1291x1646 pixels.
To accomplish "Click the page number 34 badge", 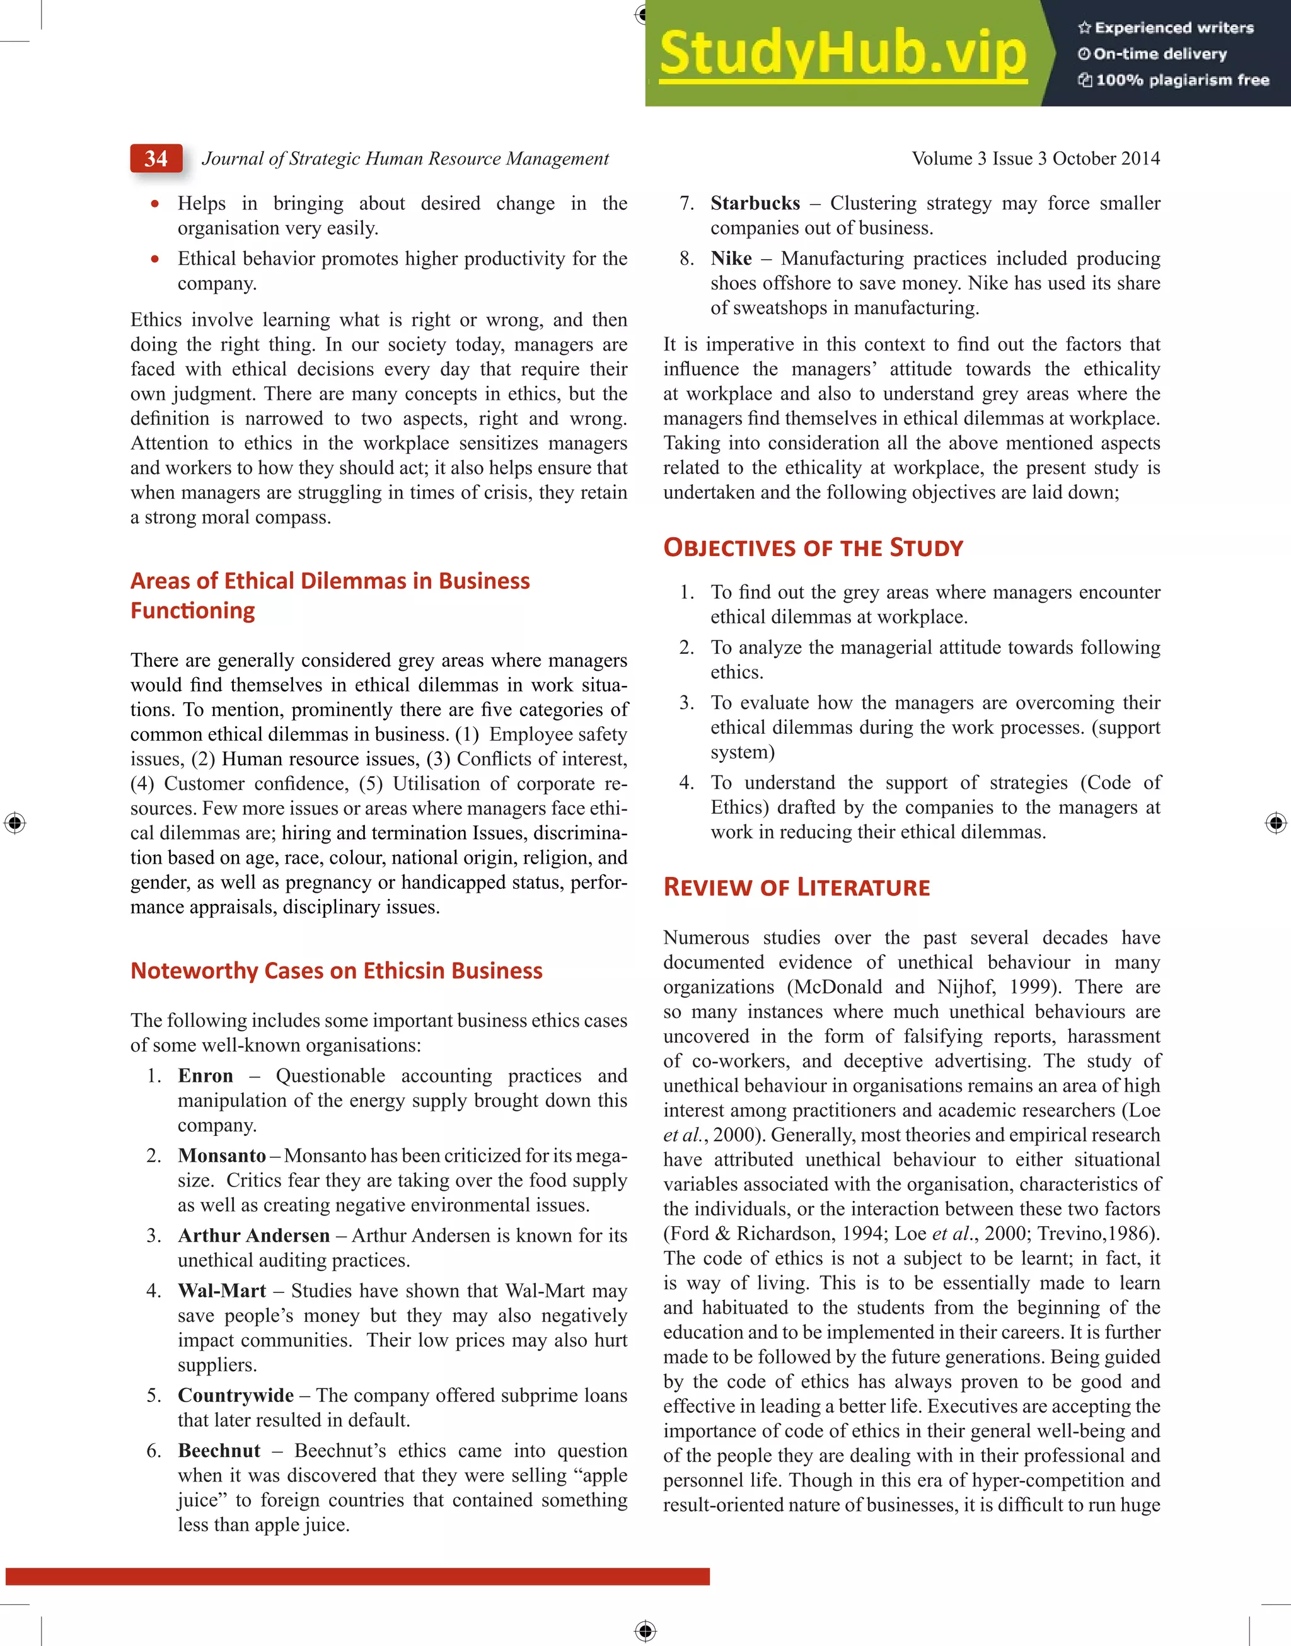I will [x=156, y=159].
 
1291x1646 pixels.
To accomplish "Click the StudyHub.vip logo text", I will [x=843, y=53].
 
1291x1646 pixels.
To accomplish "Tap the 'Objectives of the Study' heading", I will [x=813, y=548].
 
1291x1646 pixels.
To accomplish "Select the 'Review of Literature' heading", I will [x=796, y=887].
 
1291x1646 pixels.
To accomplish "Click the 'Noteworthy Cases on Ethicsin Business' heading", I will [x=337, y=970].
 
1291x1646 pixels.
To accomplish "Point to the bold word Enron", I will [x=206, y=1075].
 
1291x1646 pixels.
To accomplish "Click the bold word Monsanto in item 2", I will [x=221, y=1156].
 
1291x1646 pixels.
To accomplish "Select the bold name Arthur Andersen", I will [x=254, y=1236].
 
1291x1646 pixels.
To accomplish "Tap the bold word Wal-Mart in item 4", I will [x=221, y=1291].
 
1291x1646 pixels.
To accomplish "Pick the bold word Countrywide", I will [x=236, y=1395].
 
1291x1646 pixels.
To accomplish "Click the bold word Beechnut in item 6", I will [x=219, y=1451].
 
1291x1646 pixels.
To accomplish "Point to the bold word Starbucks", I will [x=755, y=203].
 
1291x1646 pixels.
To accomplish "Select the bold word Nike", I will [x=731, y=258].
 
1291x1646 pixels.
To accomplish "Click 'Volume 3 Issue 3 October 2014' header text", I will [x=1036, y=159].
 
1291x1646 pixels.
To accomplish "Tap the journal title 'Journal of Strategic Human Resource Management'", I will [x=405, y=159].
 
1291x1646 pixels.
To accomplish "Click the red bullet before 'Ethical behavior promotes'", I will [x=155, y=258].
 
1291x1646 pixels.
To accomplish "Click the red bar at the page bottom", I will [x=357, y=1576].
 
